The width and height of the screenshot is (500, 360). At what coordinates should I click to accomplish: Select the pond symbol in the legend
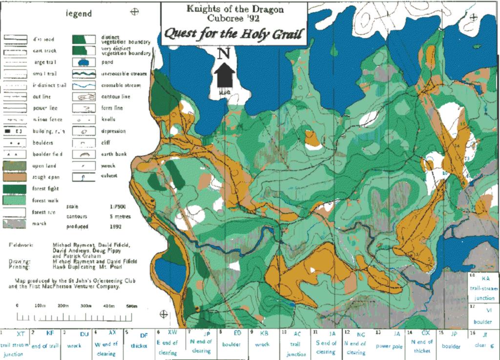click(x=83, y=62)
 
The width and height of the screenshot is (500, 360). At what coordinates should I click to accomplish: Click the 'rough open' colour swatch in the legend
click(x=15, y=177)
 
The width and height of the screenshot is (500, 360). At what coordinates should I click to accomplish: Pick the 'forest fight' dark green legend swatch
click(x=15, y=189)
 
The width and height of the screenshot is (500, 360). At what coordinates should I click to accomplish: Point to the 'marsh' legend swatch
click(x=15, y=223)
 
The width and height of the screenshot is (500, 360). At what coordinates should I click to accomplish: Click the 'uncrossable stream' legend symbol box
click(x=83, y=74)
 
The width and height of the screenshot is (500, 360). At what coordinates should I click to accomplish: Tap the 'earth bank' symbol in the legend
click(x=83, y=154)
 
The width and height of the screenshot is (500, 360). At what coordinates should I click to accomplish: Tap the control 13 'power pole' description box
click(x=389, y=344)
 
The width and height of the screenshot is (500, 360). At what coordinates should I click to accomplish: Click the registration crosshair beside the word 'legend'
click(x=134, y=13)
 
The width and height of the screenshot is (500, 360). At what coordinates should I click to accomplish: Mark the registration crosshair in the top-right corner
click(x=473, y=18)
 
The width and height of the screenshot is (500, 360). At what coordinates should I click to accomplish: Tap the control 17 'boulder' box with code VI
click(x=483, y=316)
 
